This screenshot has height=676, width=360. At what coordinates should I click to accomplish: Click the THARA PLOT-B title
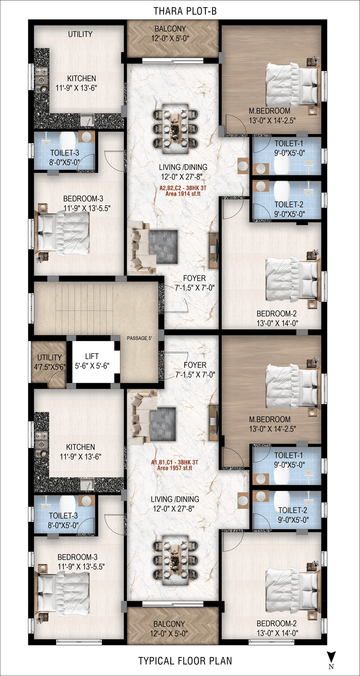(x=185, y=11)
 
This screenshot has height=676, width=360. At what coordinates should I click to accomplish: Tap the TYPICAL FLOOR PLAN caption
(x=185, y=661)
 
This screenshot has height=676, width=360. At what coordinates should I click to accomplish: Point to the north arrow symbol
(x=331, y=657)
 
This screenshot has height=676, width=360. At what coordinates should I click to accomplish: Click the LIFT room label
(x=92, y=356)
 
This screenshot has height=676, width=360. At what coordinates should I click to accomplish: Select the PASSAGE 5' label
(x=139, y=338)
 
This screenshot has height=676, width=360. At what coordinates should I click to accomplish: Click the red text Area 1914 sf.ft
(x=183, y=194)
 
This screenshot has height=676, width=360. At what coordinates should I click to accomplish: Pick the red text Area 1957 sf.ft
(x=175, y=468)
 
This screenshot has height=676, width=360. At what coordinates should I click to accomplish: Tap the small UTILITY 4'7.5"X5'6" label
(x=49, y=362)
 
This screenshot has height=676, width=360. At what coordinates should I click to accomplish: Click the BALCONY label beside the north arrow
(x=169, y=624)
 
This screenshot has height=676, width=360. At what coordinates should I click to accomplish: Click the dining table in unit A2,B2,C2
(x=175, y=129)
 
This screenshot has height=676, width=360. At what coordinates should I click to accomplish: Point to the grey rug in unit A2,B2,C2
(x=163, y=247)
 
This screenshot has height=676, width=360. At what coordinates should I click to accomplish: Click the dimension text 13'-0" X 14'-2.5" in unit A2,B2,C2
(x=272, y=120)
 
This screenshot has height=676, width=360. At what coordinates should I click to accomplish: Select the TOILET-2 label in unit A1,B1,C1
(x=292, y=510)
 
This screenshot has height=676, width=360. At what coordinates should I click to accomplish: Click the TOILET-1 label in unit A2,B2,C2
(x=289, y=143)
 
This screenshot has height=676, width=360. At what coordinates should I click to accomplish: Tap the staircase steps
(x=84, y=309)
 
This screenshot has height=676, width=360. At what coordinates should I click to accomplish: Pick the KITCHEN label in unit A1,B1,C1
(x=81, y=447)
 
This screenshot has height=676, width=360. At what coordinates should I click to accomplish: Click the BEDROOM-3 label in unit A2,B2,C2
(x=83, y=199)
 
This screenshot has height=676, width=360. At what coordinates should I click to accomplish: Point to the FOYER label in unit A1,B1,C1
(x=195, y=365)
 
